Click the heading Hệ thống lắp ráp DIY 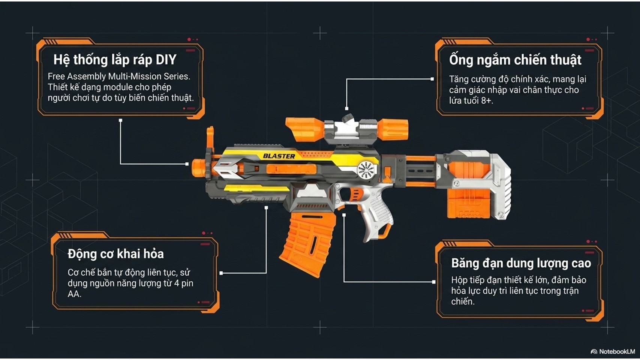115,60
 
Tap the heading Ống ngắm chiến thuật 515,60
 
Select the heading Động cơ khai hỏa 115,254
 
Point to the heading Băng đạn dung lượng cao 521,263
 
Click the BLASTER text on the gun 279,156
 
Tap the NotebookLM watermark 613,351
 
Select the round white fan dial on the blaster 366,170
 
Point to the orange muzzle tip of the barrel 199,168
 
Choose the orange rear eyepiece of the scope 393,129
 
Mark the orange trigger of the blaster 354,195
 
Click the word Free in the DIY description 56,76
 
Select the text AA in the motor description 74,294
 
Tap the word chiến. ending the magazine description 463,301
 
